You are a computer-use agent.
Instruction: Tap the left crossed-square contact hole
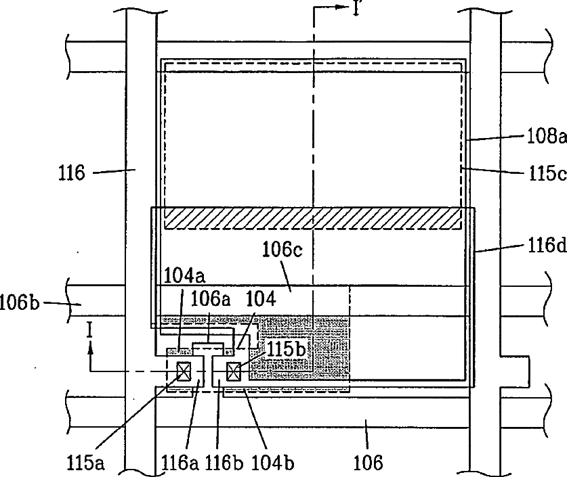point(184,371)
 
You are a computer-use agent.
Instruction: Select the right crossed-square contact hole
point(234,371)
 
